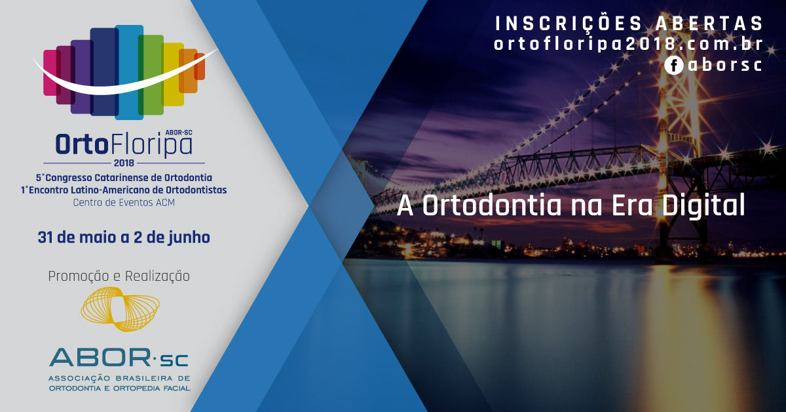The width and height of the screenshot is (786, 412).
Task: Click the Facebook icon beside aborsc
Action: tap(674, 66)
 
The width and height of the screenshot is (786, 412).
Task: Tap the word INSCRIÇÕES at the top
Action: tap(569, 24)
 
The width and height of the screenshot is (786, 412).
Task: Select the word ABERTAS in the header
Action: tap(709, 24)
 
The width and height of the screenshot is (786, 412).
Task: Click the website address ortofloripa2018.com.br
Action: tap(628, 44)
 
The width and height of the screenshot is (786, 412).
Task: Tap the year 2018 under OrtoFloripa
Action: tap(124, 163)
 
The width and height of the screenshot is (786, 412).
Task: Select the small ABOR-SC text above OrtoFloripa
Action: tap(179, 133)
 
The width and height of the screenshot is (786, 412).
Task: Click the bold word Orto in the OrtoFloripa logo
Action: tap(81, 144)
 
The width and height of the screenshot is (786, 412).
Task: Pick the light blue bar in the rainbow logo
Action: tap(129, 72)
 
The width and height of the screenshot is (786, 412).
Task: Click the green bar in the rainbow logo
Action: tap(151, 75)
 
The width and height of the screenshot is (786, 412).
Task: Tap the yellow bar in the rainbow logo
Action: tap(174, 74)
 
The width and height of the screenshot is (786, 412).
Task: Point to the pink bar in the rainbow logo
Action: tap(50, 73)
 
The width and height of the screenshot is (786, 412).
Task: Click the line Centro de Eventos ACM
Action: tap(124, 203)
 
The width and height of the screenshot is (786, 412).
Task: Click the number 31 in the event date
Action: tap(45, 237)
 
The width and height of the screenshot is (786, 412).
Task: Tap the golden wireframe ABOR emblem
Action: tap(121, 309)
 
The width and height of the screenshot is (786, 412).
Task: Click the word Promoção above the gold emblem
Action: tap(79, 276)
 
